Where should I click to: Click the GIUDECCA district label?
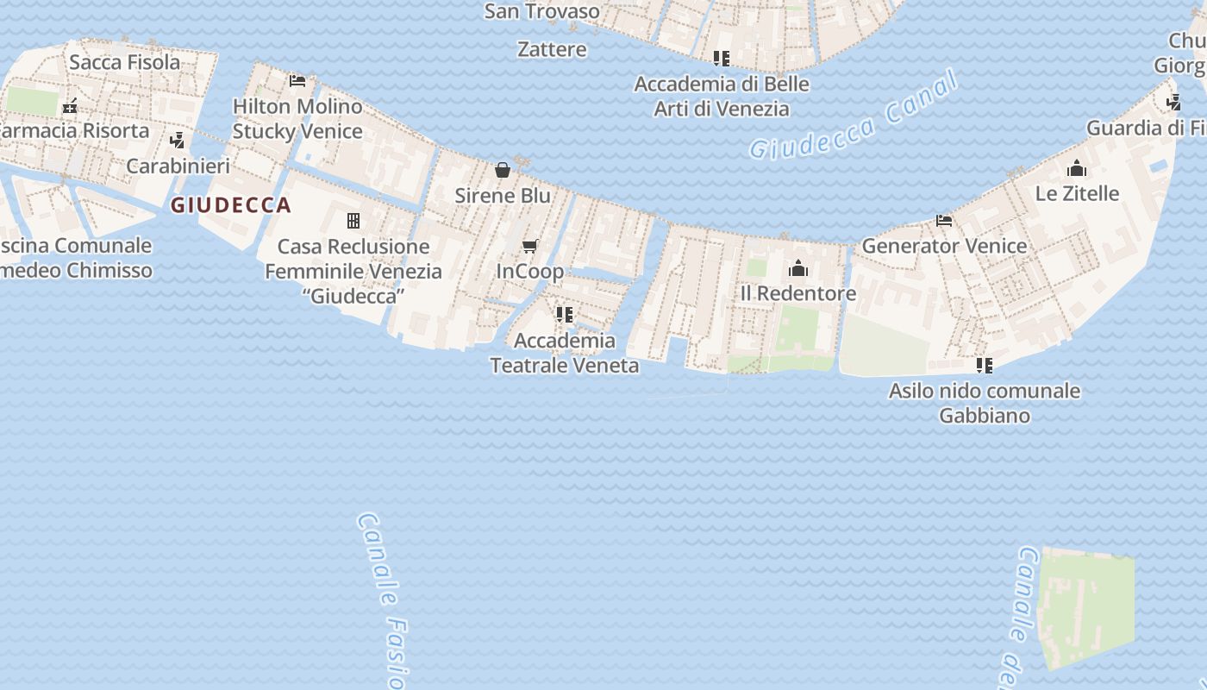pos(230,205)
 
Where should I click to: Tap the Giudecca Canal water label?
pos(853,116)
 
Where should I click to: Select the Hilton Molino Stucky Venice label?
pos(297,119)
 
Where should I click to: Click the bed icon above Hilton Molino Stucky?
pos(297,81)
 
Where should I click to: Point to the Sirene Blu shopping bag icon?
pos(503,170)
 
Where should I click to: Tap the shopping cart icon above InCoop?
pos(530,247)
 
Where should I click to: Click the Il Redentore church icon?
pos(798,268)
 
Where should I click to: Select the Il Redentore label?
pos(798,293)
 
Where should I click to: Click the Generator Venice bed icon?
pos(944,221)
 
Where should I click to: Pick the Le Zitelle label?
pos(1077,193)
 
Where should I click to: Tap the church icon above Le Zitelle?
pos(1077,168)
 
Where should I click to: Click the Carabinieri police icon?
pos(178,140)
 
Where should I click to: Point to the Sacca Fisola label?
pos(125,62)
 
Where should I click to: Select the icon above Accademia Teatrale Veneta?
pos(565,315)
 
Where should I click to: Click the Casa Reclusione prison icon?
pos(353,221)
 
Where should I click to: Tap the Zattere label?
pos(552,49)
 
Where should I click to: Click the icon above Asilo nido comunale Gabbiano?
pos(984,366)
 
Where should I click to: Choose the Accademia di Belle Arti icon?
pos(722,59)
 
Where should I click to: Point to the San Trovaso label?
pos(541,11)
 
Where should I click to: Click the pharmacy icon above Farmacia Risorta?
pos(70,106)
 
